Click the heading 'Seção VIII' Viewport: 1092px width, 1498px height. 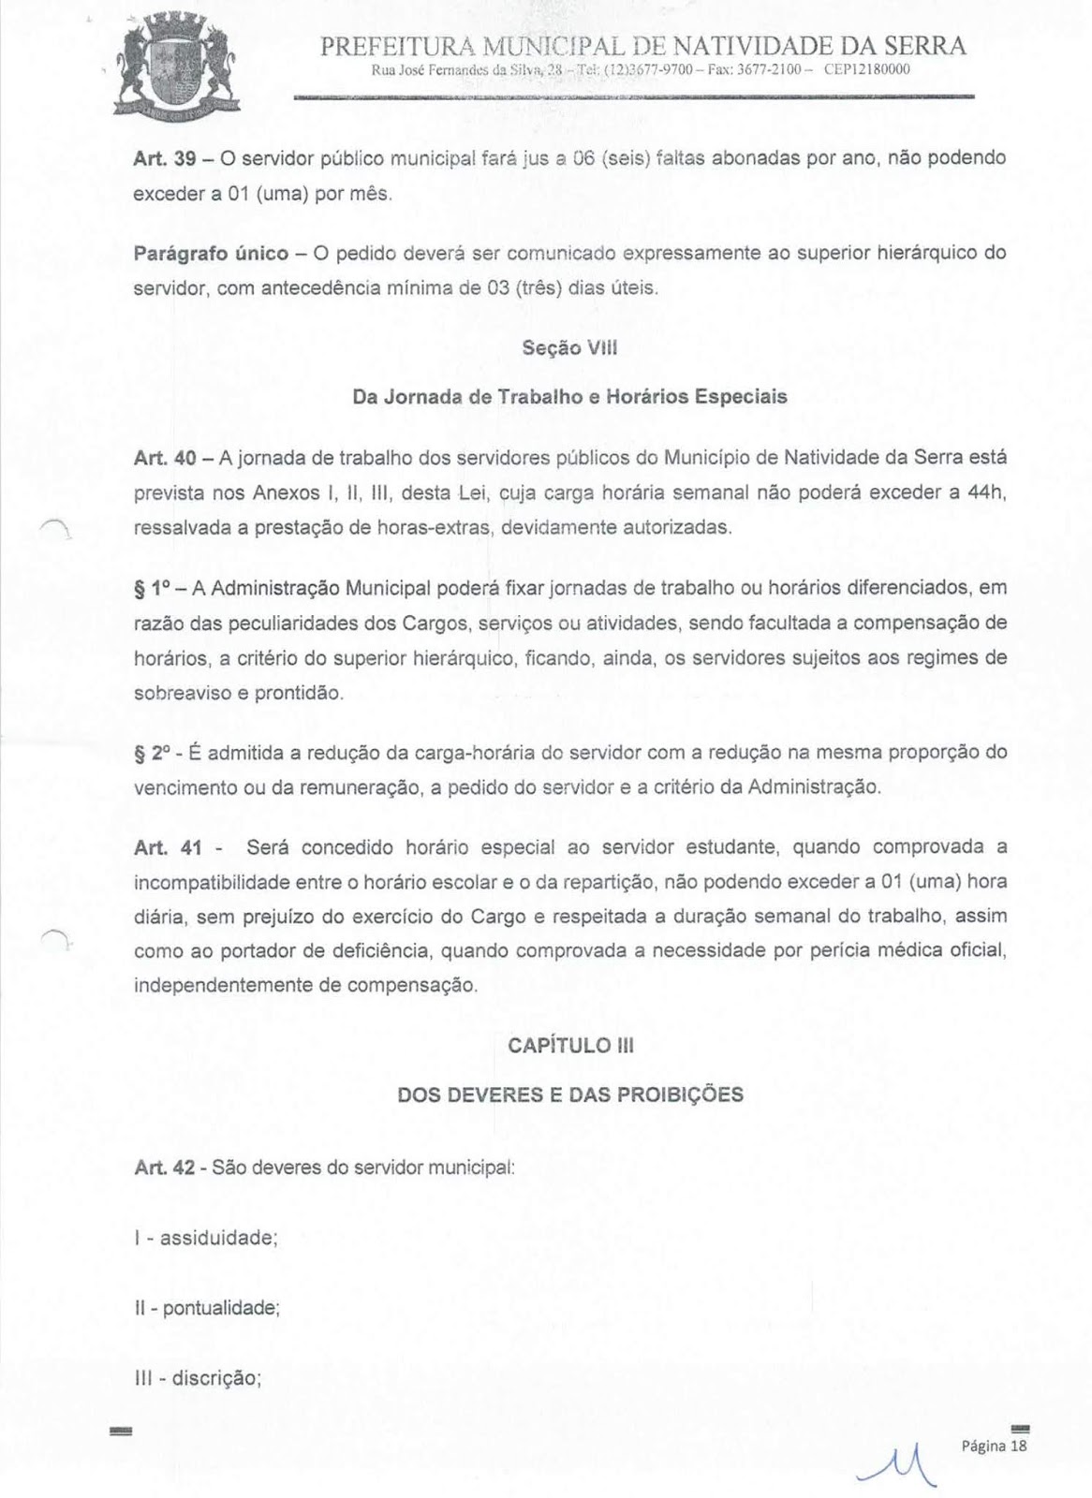(569, 349)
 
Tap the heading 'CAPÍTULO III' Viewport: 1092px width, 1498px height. (570, 1046)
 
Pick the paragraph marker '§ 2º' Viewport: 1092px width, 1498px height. (152, 753)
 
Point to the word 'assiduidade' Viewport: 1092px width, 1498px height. (219, 1238)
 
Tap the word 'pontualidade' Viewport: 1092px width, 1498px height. (221, 1307)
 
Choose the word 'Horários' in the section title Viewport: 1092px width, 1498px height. (642, 397)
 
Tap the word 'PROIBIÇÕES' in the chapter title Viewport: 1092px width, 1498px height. (682, 1094)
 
